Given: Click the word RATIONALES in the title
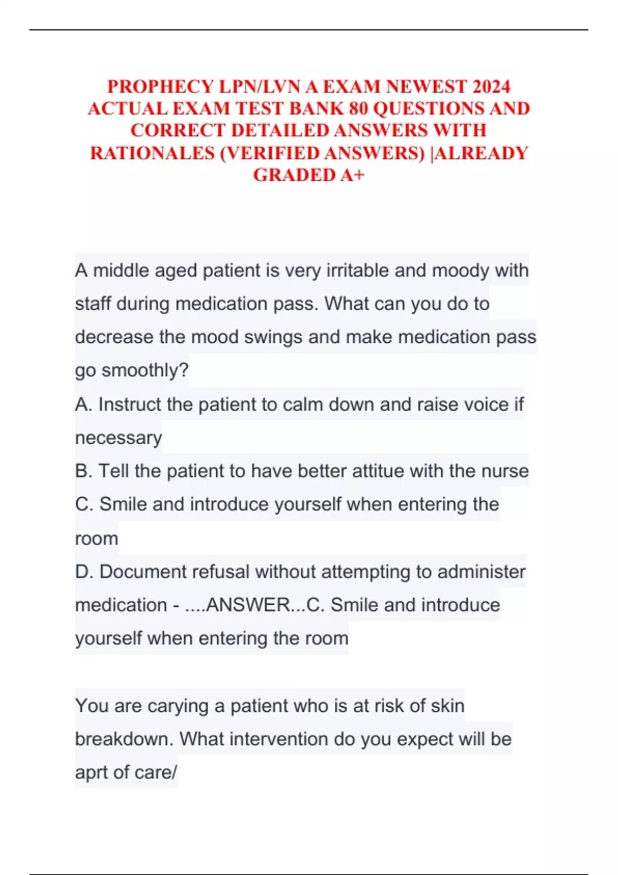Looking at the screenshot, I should [x=152, y=153].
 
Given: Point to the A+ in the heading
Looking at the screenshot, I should [x=352, y=175].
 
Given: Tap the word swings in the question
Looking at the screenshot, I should [x=273, y=337].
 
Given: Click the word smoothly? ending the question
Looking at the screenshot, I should [x=145, y=370].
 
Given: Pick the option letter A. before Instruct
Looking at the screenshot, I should [x=83, y=405].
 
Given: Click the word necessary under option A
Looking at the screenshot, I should [x=118, y=438].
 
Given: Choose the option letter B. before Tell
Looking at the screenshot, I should [x=83, y=471].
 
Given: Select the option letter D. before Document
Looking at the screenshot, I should [x=84, y=572].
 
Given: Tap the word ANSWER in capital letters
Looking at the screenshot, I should [x=248, y=605].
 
